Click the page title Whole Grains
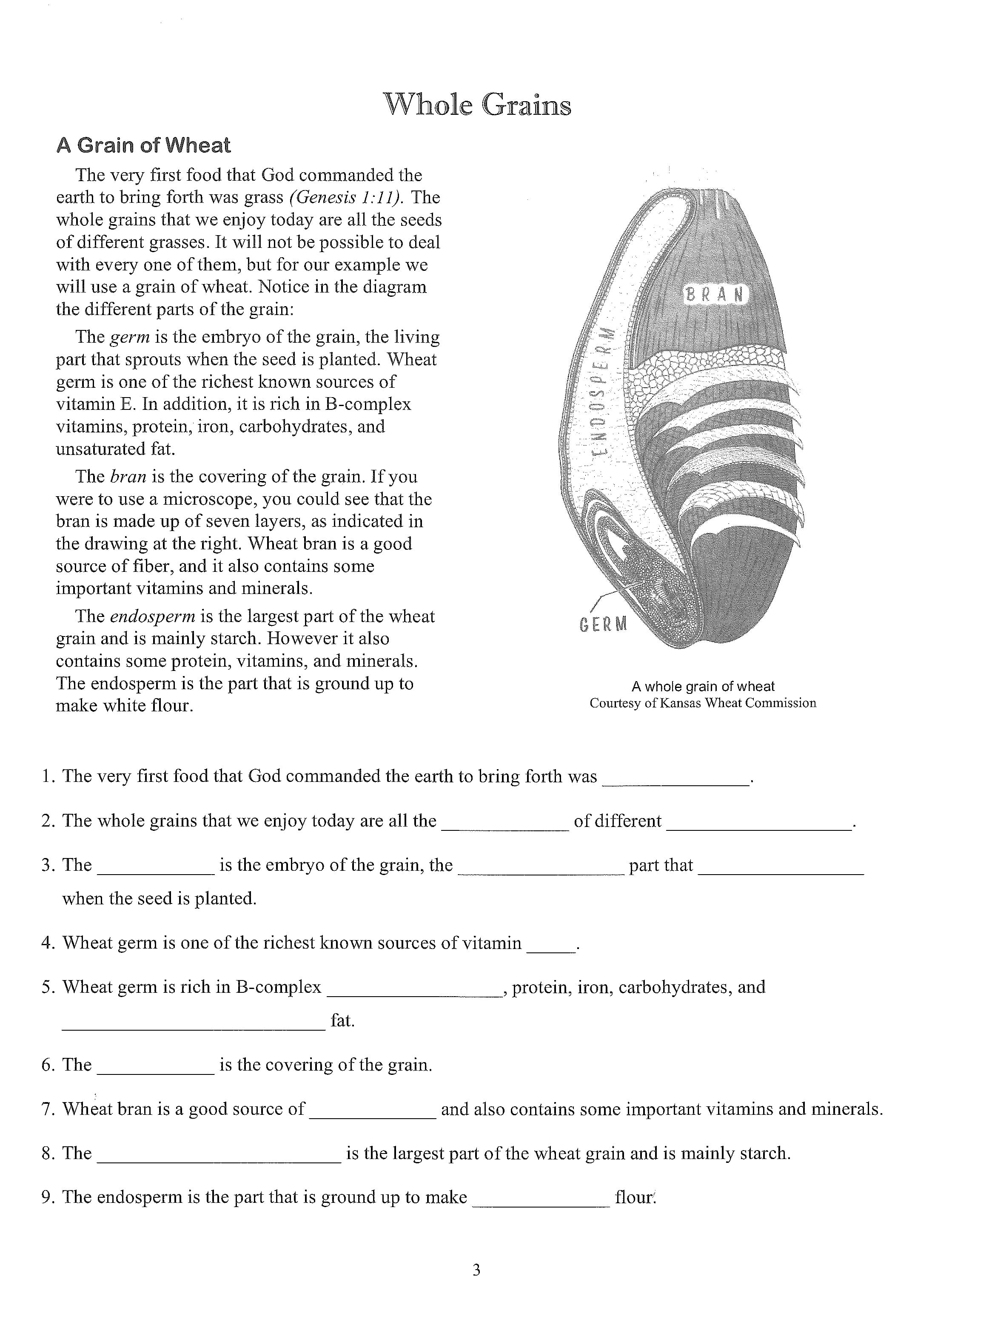tap(477, 105)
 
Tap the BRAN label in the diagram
tap(715, 295)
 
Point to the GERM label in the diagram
tap(603, 625)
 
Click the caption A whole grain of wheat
tap(703, 686)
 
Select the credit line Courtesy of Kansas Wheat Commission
tap(703, 703)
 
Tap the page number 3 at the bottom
tap(476, 1270)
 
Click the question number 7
tap(48, 1109)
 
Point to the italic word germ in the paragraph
tap(130, 337)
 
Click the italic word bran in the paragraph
tap(128, 477)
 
